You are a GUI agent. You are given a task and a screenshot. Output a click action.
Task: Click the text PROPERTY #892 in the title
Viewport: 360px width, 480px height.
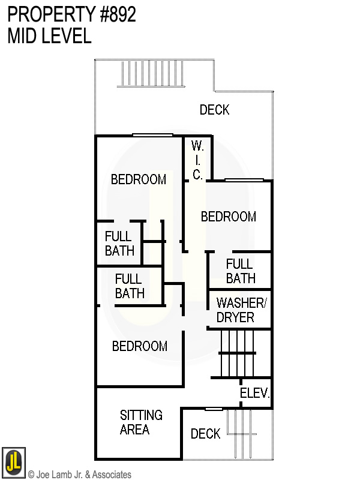[71, 15]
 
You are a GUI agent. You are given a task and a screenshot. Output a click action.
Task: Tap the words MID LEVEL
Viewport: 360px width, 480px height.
[49, 36]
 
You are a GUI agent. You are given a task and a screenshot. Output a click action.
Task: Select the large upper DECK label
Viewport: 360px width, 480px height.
[214, 110]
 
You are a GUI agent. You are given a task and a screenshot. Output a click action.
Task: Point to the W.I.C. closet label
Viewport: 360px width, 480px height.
[197, 160]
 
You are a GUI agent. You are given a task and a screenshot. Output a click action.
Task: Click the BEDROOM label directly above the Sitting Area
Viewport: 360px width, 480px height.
[139, 346]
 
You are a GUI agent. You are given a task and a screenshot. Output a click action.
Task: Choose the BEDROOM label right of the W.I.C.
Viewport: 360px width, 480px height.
[228, 217]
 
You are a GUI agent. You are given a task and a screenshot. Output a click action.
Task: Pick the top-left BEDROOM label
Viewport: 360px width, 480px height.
[138, 179]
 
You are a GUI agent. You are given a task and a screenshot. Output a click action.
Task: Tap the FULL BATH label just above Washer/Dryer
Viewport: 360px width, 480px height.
[240, 271]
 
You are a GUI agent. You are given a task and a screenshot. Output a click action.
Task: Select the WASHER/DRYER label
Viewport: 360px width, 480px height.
[239, 310]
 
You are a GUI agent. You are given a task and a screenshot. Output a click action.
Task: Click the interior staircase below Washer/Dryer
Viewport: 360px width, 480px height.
[238, 354]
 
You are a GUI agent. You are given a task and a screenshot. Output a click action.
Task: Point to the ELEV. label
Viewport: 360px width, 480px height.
[255, 394]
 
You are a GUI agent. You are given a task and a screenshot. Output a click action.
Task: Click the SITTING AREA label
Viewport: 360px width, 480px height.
[141, 422]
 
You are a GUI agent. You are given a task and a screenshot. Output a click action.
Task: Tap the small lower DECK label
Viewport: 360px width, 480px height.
[205, 434]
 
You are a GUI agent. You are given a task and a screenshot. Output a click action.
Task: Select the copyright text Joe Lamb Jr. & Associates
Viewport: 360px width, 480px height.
[79, 475]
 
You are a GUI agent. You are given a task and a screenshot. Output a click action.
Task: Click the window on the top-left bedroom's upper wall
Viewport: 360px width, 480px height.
[152, 135]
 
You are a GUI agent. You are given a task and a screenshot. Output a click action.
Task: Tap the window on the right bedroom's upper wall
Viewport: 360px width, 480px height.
[244, 179]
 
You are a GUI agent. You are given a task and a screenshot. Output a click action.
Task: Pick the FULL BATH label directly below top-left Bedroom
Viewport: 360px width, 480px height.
[119, 243]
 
